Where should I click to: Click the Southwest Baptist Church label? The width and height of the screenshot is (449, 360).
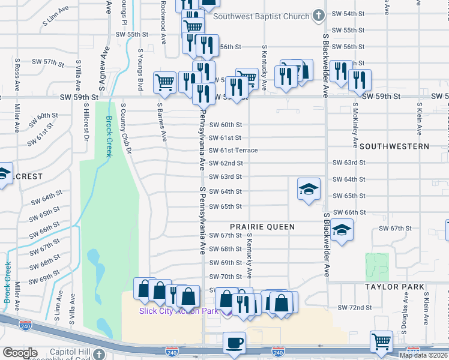pyautogui.click(x=261, y=16)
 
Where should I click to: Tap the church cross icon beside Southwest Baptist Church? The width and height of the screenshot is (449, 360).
pyautogui.click(x=318, y=16)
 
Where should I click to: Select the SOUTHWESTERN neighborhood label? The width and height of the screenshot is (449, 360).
pyautogui.click(x=394, y=146)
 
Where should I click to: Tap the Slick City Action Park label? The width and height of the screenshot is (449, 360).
pyautogui.click(x=178, y=311)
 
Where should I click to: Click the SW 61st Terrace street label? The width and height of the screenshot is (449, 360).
pyautogui.click(x=233, y=151)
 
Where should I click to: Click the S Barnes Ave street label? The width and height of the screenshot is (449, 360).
pyautogui.click(x=161, y=122)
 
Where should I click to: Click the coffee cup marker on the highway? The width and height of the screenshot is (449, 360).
pyautogui.click(x=234, y=343)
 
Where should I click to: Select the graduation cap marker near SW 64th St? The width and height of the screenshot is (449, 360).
pyautogui.click(x=309, y=190)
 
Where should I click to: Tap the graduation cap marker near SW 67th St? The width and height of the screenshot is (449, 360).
pyautogui.click(x=341, y=230)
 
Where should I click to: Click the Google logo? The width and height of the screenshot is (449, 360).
pyautogui.click(x=20, y=352)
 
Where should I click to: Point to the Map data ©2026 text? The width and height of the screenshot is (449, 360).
pyautogui.click(x=423, y=355)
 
